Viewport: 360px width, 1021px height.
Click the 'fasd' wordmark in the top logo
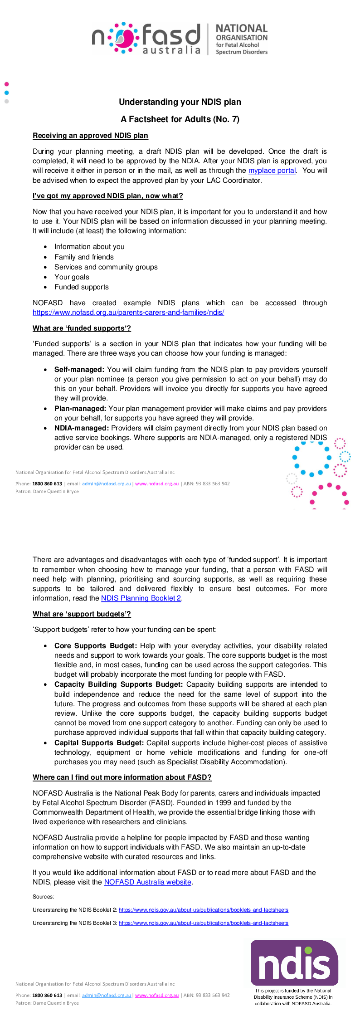point(171,34)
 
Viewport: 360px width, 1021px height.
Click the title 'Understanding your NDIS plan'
point(180,102)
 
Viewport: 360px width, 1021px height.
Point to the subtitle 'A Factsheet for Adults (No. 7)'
point(180,119)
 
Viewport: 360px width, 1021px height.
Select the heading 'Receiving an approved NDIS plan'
point(90,136)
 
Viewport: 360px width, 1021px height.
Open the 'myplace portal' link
point(272,171)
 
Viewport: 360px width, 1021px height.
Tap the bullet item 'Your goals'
point(72,277)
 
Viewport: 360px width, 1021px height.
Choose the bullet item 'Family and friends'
point(84,257)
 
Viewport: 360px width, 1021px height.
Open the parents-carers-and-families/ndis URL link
point(128,313)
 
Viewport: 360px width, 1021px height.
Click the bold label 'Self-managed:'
point(79,370)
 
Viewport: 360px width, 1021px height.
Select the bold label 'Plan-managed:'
point(80,409)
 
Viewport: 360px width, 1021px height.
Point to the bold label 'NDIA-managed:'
point(82,428)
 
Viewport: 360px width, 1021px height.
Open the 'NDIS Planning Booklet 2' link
point(141,598)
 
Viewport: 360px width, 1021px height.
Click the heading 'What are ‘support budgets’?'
point(82,614)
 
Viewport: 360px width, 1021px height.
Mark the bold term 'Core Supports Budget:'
point(95,646)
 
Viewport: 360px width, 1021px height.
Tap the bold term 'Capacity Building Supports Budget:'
point(118,684)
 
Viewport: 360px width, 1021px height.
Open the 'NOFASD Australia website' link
point(148,882)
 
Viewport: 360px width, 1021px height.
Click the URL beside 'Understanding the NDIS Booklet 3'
point(203,923)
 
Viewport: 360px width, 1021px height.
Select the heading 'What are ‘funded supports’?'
point(82,328)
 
